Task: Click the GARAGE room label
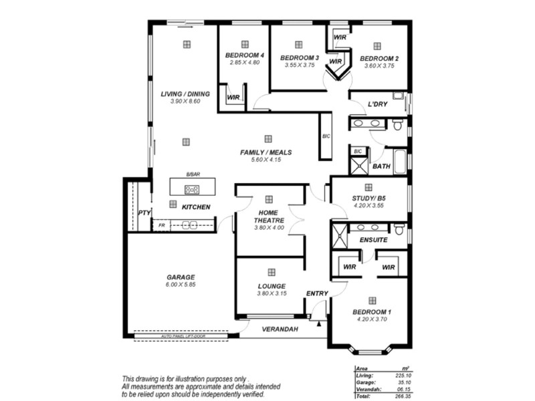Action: [x=181, y=277]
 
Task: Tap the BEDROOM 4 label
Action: [x=244, y=55]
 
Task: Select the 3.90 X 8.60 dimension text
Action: [x=185, y=102]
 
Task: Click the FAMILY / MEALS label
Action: [x=266, y=152]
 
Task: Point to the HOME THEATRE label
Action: [x=269, y=216]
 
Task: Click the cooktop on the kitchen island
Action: [x=192, y=189]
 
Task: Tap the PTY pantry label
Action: [x=144, y=213]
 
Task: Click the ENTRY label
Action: [x=317, y=293]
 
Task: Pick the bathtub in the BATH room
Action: [x=400, y=162]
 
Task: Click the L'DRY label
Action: [x=378, y=104]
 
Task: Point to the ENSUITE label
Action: [x=373, y=239]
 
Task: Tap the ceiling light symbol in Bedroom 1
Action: [x=372, y=300]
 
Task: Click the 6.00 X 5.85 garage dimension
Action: [x=181, y=285]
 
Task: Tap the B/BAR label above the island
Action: [x=193, y=174]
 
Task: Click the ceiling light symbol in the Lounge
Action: [x=272, y=272]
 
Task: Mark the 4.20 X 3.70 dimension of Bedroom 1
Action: [x=372, y=320]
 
